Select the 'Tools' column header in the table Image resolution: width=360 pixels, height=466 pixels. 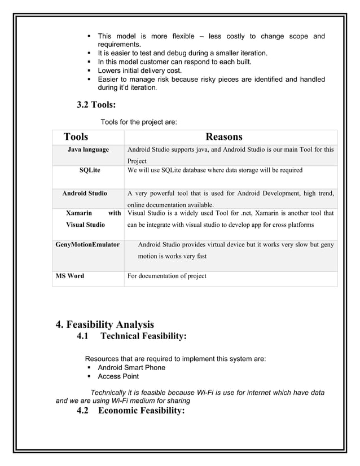tap(76, 137)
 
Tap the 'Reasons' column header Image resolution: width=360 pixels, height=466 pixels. tap(224, 137)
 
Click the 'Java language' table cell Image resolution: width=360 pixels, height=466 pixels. tap(88, 150)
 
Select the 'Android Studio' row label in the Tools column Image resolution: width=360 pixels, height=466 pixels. tap(85, 194)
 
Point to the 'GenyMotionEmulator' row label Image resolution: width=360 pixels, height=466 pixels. tap(87, 245)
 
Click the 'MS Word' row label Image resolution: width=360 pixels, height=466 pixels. tap(69, 276)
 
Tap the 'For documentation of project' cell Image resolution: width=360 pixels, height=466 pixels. tap(167, 276)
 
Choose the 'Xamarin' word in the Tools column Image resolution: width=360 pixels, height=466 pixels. tap(80, 214)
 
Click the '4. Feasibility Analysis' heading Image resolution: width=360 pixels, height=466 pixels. tap(104, 324)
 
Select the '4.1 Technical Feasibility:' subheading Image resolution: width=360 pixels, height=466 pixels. tap(131, 337)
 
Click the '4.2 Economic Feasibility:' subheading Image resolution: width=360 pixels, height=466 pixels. tap(131, 411)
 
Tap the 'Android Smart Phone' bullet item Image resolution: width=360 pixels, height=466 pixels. tap(131, 368)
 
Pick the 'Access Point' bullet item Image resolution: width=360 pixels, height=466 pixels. tap(118, 376)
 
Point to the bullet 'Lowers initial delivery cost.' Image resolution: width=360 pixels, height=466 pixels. tap(140, 71)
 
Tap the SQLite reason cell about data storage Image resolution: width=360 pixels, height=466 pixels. tap(215, 170)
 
